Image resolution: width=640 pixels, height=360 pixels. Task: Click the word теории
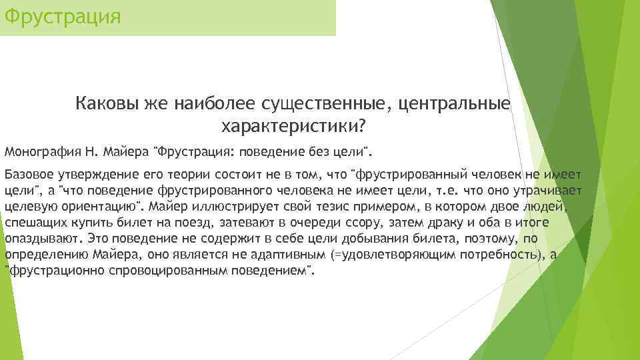point(166,175)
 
